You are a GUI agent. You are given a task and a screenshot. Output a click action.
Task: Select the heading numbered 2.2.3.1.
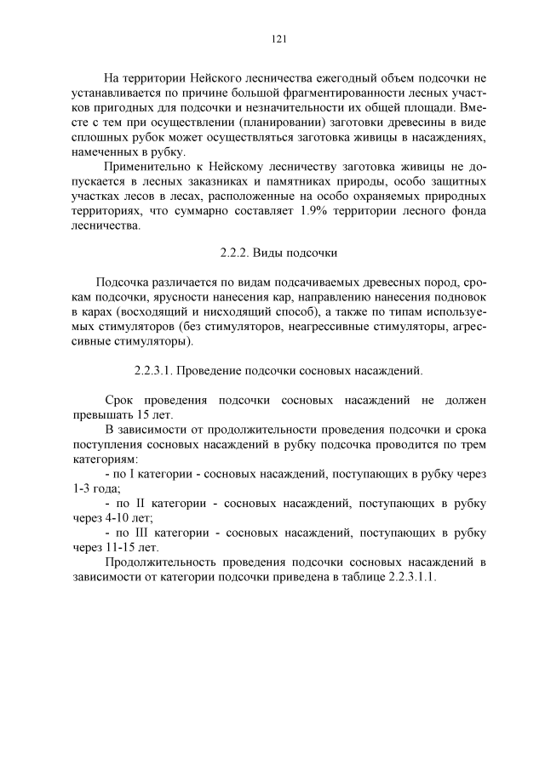point(278,371)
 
